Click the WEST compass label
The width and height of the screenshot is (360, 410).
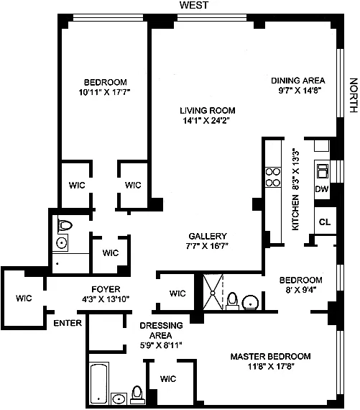[194, 5]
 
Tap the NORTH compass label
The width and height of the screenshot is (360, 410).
[354, 95]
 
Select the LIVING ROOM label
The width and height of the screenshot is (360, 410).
[208, 111]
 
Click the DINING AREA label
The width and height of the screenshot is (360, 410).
[298, 81]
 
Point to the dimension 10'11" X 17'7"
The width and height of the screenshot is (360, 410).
[104, 92]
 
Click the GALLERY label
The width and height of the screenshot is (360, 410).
[208, 236]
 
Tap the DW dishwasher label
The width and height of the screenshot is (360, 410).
[322, 188]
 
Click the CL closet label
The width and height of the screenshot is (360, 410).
[325, 222]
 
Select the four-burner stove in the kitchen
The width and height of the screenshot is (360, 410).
[273, 177]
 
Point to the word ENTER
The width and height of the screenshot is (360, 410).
[68, 323]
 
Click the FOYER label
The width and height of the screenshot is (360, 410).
[106, 289]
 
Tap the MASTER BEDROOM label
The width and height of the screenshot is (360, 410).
[271, 356]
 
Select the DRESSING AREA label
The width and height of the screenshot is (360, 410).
[161, 330]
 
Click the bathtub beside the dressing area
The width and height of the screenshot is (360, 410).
[99, 383]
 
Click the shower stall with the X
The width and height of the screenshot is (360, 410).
[213, 292]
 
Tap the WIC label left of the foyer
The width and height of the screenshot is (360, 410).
[24, 298]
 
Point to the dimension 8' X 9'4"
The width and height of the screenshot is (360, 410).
[301, 290]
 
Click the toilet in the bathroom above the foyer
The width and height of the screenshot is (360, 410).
[65, 225]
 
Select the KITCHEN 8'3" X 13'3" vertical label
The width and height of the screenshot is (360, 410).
[295, 190]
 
